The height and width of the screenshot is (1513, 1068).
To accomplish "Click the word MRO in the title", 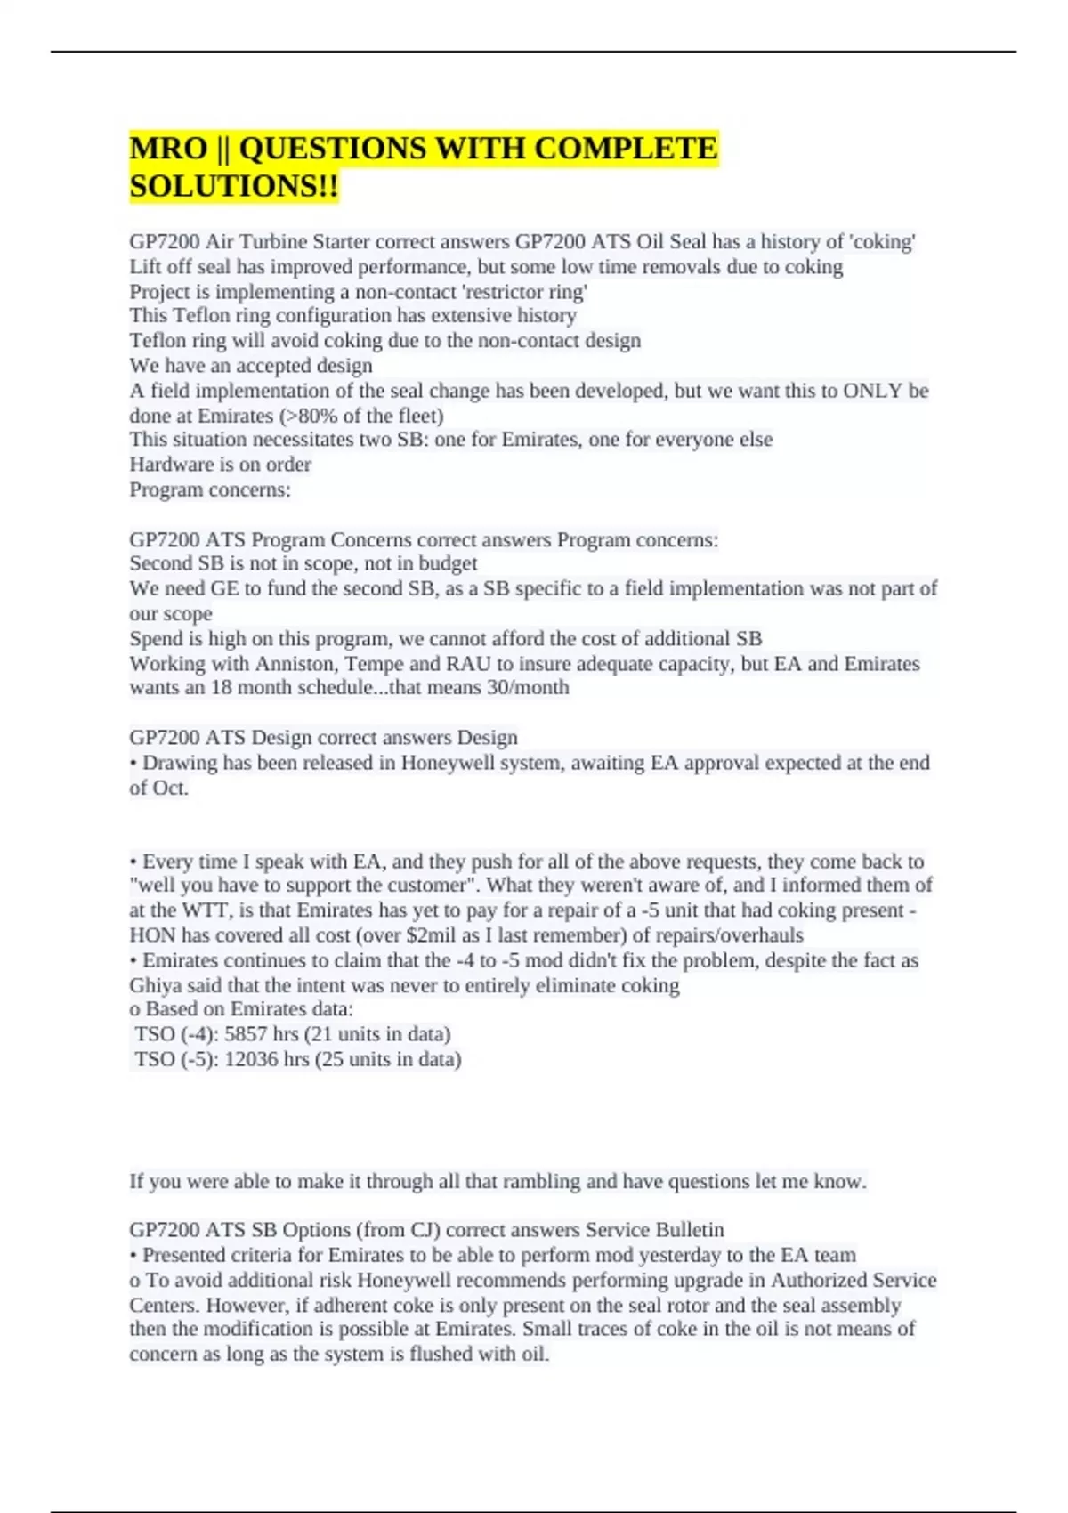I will point(168,148).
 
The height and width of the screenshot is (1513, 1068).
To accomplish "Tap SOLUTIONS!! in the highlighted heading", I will point(233,186).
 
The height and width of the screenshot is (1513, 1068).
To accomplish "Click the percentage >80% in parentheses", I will point(309,416).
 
